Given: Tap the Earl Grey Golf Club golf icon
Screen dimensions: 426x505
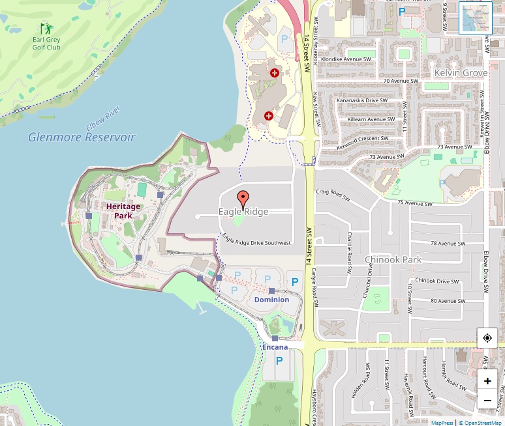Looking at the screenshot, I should pyautogui.click(x=46, y=29).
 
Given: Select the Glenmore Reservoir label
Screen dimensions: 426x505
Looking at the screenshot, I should pyautogui.click(x=82, y=137).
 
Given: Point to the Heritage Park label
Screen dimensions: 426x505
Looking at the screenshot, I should pyautogui.click(x=123, y=210).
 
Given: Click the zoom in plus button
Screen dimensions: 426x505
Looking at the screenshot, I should pyautogui.click(x=487, y=380).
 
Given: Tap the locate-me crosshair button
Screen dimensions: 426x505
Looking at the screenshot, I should pyautogui.click(x=487, y=338).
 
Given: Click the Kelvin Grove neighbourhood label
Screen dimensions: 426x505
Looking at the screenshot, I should pyautogui.click(x=461, y=73).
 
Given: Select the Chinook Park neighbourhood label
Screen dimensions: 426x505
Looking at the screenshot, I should pyautogui.click(x=393, y=259).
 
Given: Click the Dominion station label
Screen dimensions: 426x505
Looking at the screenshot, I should pyautogui.click(x=271, y=300).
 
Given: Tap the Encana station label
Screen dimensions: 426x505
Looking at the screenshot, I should pyautogui.click(x=275, y=347).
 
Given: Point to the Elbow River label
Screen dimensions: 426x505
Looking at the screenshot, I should pyautogui.click(x=103, y=118).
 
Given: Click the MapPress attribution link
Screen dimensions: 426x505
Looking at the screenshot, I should pyautogui.click(x=442, y=423).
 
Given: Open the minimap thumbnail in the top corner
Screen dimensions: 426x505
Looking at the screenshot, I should pyautogui.click(x=475, y=18).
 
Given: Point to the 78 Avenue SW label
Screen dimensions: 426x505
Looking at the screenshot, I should pyautogui.click(x=448, y=244).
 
